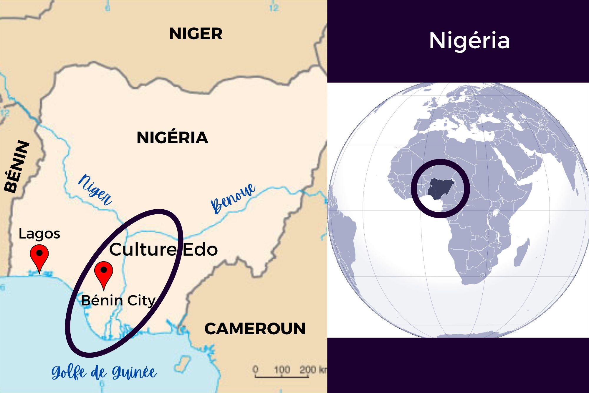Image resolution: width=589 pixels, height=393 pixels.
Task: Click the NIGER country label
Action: click(196, 34)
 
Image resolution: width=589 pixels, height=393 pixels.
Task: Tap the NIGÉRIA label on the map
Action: click(172, 138)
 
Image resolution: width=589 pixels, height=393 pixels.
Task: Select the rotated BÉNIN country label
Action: click(17, 167)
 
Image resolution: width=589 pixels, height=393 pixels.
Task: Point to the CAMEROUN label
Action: click(255, 328)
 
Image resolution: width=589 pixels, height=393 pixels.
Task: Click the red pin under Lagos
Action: click(39, 256)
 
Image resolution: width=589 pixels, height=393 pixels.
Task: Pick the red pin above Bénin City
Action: click(104, 273)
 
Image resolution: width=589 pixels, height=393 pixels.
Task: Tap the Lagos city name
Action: click(39, 234)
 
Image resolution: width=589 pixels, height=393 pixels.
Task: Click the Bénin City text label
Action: click(118, 301)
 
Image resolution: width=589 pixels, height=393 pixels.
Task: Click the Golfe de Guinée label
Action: click(104, 373)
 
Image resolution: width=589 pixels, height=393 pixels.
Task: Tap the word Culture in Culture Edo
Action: click(143, 249)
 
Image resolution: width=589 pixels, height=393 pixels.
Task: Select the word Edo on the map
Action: click(200, 249)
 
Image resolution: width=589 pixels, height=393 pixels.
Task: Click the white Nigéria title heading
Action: click(469, 41)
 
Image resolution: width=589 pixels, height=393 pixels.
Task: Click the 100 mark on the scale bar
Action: click(282, 369)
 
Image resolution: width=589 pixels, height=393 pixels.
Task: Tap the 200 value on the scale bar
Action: click(307, 369)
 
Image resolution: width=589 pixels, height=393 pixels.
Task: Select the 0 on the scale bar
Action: click(255, 369)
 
